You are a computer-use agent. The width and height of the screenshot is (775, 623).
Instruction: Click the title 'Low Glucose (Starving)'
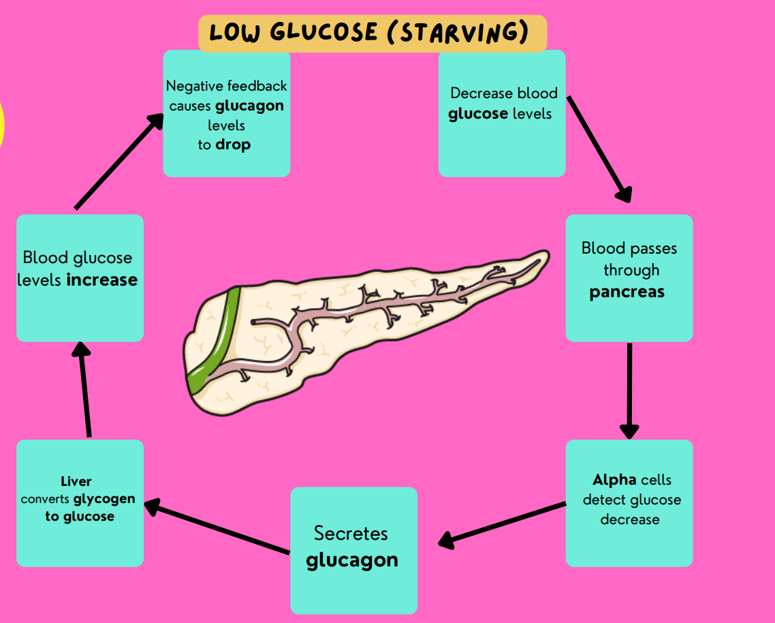click(x=372, y=33)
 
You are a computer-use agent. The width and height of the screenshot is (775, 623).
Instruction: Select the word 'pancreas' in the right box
click(x=627, y=292)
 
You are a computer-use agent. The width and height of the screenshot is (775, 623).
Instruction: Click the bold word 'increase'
click(x=102, y=280)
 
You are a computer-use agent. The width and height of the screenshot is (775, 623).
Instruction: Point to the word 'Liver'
click(x=76, y=482)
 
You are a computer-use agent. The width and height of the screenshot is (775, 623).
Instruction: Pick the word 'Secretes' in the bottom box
click(x=351, y=533)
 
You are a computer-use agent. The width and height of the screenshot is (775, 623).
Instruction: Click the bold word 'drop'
click(x=233, y=145)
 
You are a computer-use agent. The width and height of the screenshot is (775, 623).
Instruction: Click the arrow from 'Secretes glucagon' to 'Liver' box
click(x=218, y=528)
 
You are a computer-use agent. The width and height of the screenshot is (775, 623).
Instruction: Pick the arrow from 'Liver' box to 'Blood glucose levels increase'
click(x=85, y=389)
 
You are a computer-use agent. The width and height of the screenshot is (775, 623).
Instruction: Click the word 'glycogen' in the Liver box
click(x=104, y=499)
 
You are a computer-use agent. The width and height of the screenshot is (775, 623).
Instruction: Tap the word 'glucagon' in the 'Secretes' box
click(x=352, y=560)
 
